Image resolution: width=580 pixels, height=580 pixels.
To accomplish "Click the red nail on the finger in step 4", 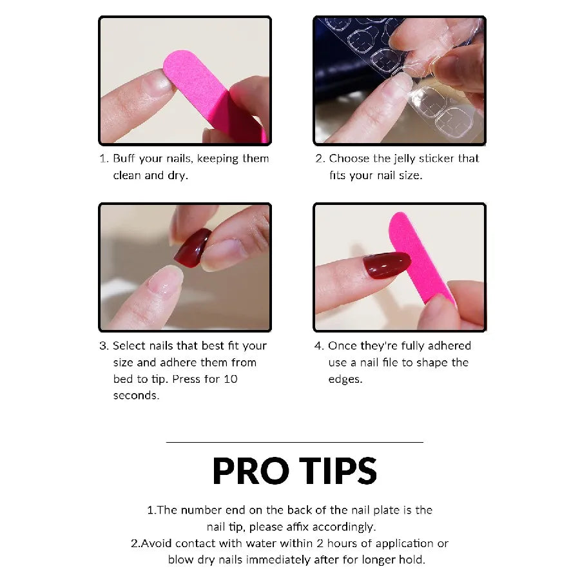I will (386, 264).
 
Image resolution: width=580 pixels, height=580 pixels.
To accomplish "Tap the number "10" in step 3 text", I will (230, 379).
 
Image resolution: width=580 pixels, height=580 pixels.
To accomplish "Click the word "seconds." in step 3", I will (136, 396).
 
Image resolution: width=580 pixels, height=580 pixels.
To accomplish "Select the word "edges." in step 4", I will (345, 380).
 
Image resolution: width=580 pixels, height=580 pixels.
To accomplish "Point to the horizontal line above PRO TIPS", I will (295, 442).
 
